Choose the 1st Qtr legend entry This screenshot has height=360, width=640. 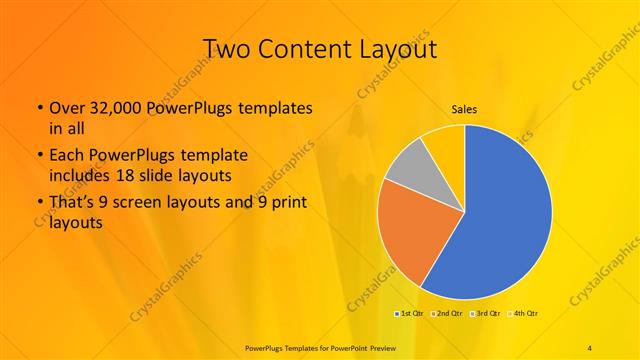click(x=411, y=313)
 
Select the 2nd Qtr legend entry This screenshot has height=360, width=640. click(x=448, y=313)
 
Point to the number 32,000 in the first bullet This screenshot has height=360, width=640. click(x=111, y=107)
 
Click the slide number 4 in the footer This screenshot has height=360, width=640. click(x=590, y=347)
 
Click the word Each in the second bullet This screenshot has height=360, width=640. click(x=66, y=155)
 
